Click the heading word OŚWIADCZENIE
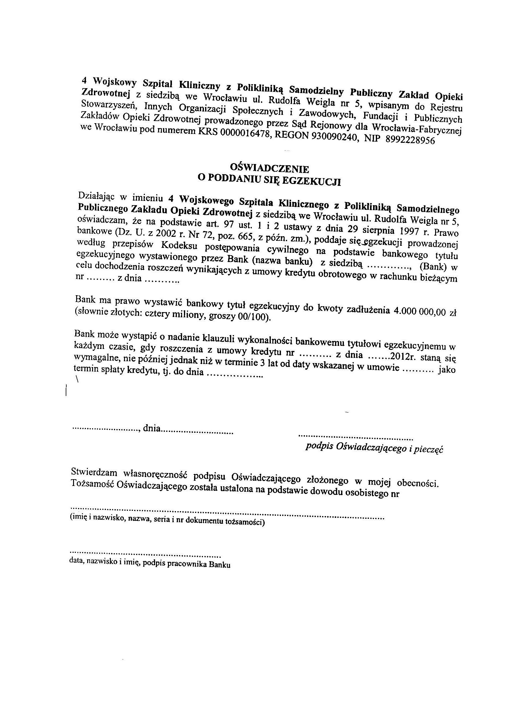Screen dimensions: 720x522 [269, 168]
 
